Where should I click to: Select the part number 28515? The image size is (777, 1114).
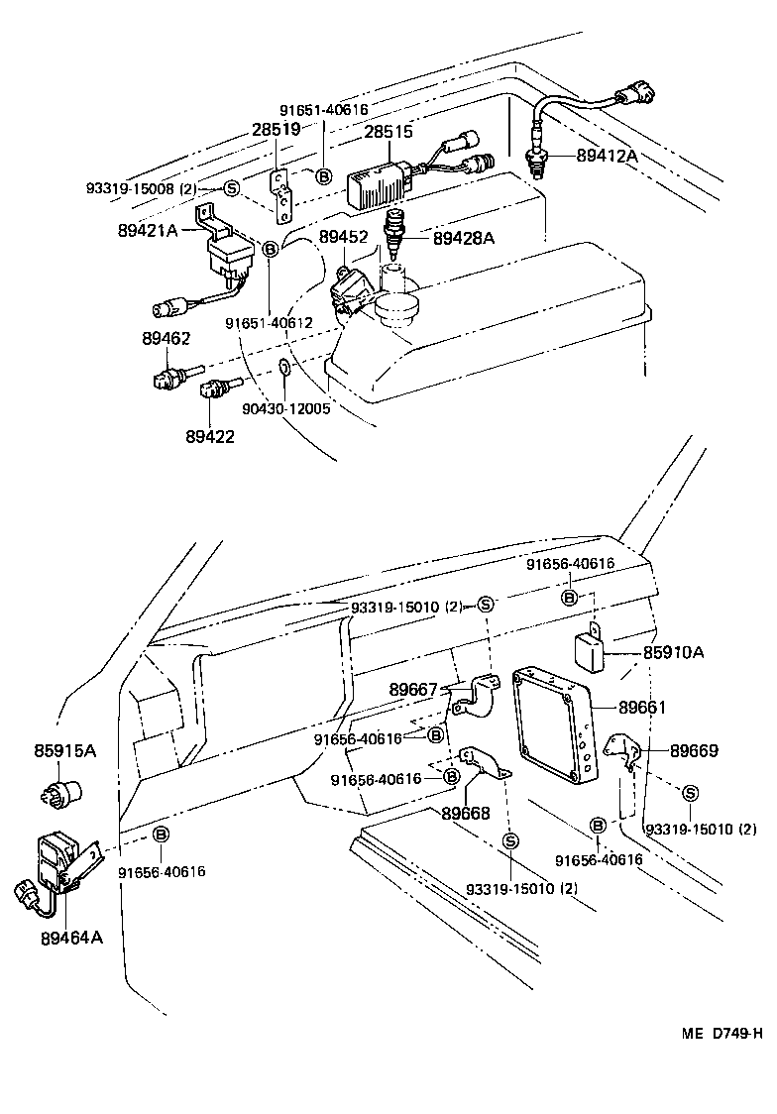click(x=389, y=132)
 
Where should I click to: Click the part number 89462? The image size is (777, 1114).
click(x=166, y=339)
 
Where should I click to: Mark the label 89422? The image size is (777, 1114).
click(x=209, y=435)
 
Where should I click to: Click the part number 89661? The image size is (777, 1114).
click(x=644, y=708)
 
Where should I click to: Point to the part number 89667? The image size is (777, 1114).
click(x=413, y=690)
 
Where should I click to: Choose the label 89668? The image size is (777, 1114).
click(x=466, y=814)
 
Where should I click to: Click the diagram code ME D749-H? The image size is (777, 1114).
click(x=721, y=1034)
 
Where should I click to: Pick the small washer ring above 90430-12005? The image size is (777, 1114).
click(x=283, y=370)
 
